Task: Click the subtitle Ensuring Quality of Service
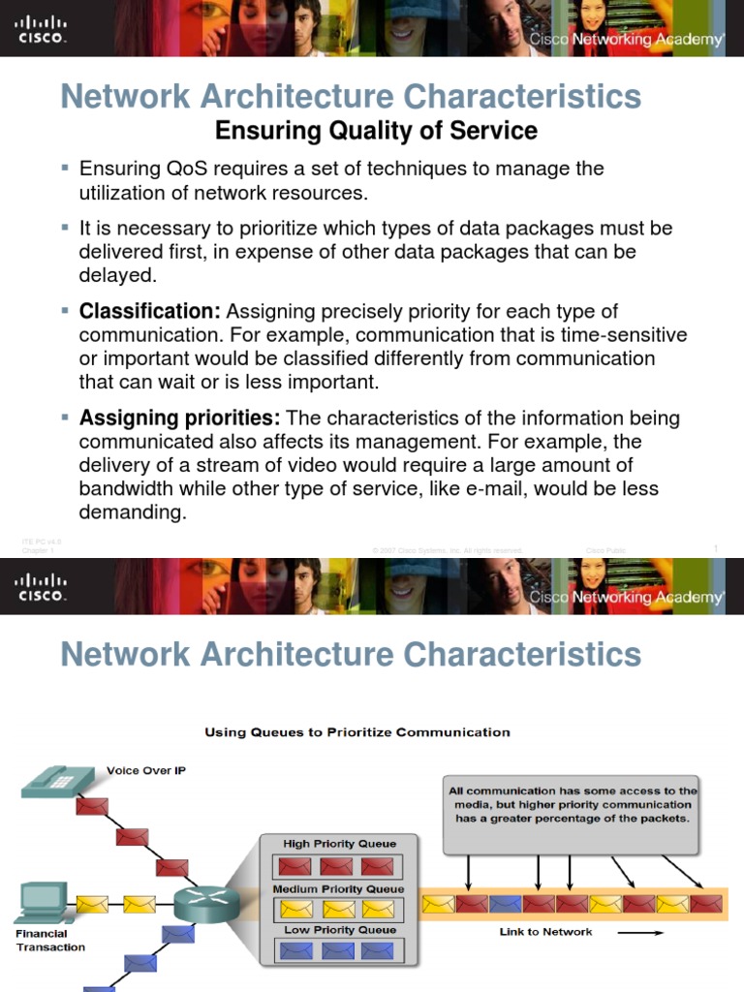[376, 130]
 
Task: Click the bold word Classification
[150, 312]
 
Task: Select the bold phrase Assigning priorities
[180, 418]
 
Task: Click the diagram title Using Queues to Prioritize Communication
[356, 732]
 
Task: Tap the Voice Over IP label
[145, 771]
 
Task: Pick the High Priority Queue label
[339, 844]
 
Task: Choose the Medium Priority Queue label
[339, 888]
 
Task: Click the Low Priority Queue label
[339, 930]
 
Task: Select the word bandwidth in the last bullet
[124, 489]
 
